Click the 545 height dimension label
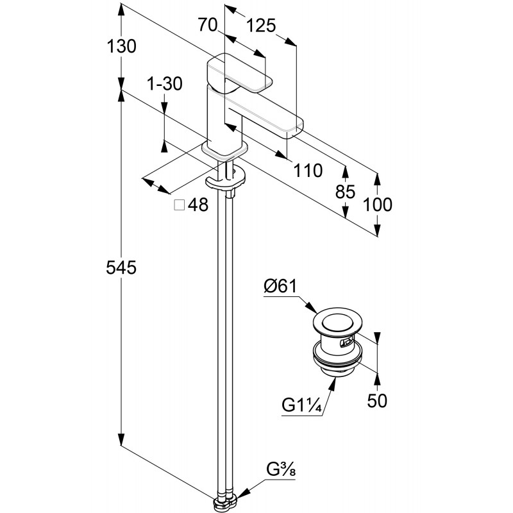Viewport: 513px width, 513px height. tap(122, 268)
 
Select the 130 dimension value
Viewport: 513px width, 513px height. tap(122, 46)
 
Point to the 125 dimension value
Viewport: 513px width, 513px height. tap(261, 25)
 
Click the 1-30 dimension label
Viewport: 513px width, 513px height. tap(165, 83)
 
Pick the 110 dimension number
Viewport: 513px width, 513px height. tap(308, 171)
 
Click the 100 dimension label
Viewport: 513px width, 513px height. tap(377, 205)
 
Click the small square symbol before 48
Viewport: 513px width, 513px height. tap(180, 205)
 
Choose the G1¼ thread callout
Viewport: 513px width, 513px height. tap(301, 406)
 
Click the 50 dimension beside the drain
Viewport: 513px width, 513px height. tap(377, 401)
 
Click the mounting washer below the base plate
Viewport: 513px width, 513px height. tap(225, 180)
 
